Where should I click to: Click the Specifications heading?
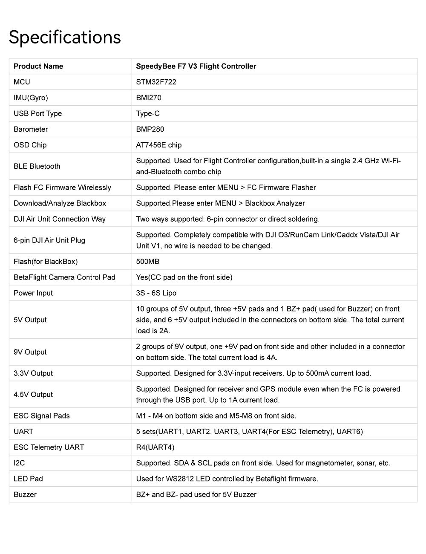pyautogui.click(x=65, y=37)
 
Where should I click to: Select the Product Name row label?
pyautogui.click(x=38, y=66)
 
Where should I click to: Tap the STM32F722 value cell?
pyautogui.click(x=156, y=82)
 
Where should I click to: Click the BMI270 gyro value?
pyautogui.click(x=149, y=98)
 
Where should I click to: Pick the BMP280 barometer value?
pyautogui.click(x=150, y=129)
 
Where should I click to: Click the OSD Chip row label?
pyautogui.click(x=30, y=145)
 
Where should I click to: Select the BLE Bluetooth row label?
pyautogui.click(x=37, y=166)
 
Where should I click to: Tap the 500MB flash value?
pyautogui.click(x=147, y=261)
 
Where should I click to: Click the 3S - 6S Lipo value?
pyautogui.click(x=156, y=293)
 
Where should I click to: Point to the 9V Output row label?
pyautogui.click(x=30, y=352)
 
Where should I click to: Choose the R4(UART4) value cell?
pyautogui.click(x=155, y=447)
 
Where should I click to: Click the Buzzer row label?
pyautogui.click(x=25, y=494)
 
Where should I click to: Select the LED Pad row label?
pyautogui.click(x=28, y=479)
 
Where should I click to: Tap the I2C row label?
pyautogui.click(x=19, y=463)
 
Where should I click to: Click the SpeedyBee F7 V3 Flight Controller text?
pyautogui.click(x=196, y=66)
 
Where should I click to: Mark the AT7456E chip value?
pyautogui.click(x=158, y=145)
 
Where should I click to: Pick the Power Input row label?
pyautogui.click(x=33, y=293)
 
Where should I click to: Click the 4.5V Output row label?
pyautogui.click(x=33, y=394)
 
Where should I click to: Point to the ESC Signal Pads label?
pyautogui.click(x=42, y=415)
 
